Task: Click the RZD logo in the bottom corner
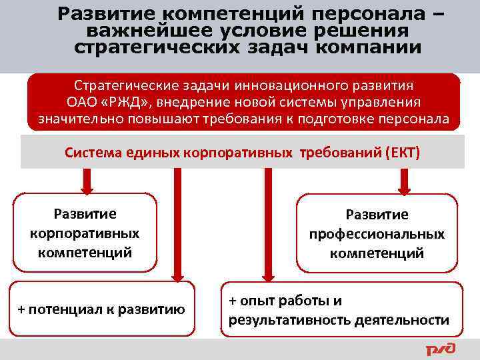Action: coord(441,349)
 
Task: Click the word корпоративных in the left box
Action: coord(85,233)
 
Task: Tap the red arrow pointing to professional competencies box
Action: coord(403,181)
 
